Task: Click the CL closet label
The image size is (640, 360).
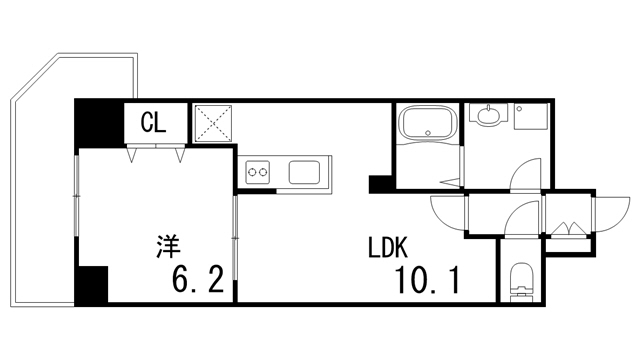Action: [153, 124]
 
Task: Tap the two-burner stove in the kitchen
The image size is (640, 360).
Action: [258, 173]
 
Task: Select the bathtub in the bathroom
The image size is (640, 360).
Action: [427, 127]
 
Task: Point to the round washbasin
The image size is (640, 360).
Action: [488, 117]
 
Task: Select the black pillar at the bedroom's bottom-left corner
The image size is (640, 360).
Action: [92, 285]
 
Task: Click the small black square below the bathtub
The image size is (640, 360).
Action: [380, 184]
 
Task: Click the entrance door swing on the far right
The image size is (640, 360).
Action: [604, 212]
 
